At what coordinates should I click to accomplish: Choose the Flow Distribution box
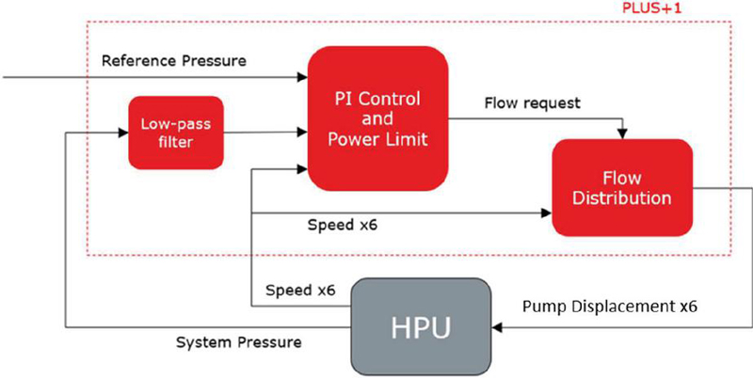pyautogui.click(x=622, y=186)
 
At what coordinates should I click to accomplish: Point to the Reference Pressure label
pyautogui.click(x=174, y=61)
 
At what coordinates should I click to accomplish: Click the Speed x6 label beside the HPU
pyautogui.click(x=299, y=290)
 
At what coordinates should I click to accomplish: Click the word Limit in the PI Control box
pyautogui.click(x=406, y=142)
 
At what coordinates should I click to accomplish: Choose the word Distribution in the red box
pyautogui.click(x=623, y=197)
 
